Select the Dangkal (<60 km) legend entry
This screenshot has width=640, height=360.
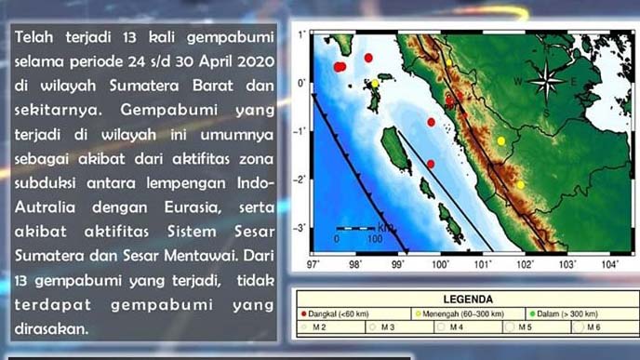click(x=336, y=313)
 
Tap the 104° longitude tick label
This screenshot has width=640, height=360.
click(x=610, y=263)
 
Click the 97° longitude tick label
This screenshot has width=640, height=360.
click(x=314, y=263)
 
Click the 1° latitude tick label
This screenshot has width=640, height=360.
click(x=303, y=34)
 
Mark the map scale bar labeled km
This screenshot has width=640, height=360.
click(x=356, y=228)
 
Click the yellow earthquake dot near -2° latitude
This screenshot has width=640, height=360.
click(x=521, y=184)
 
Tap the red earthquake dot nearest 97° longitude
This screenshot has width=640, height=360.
click(x=340, y=67)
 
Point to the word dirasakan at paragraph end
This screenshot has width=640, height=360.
click(x=54, y=327)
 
